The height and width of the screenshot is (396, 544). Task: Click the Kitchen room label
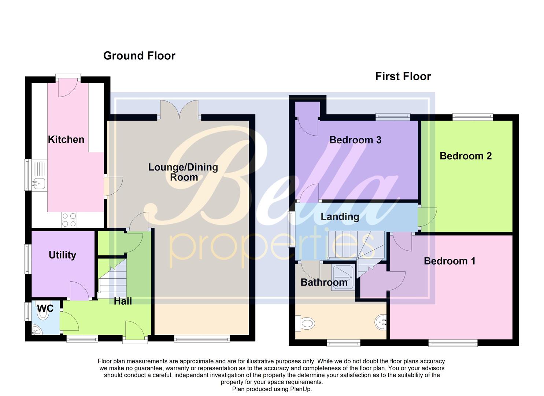[66, 139]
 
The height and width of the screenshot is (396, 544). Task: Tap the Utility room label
[62, 255]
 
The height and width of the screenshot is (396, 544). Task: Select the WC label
[45, 308]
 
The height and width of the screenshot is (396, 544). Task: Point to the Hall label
[123, 301]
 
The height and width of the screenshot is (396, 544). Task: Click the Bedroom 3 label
[355, 140]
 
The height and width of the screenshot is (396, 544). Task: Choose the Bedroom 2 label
[465, 156]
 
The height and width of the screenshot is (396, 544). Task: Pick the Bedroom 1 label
[449, 261]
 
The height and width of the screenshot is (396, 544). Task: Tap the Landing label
[340, 216]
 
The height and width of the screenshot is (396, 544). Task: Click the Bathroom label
[324, 282]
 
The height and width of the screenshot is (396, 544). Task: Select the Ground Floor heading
[139, 56]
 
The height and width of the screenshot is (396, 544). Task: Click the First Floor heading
[403, 76]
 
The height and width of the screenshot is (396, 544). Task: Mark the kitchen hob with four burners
[69, 220]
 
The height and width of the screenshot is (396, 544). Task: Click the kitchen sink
[38, 183]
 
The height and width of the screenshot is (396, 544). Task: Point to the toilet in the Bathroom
[306, 323]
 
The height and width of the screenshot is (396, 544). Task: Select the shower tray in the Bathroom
[343, 277]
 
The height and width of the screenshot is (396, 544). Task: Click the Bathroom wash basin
[381, 322]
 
